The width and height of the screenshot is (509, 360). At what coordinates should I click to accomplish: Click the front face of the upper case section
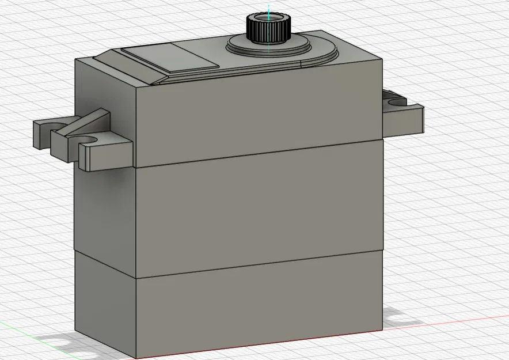pyautogui.click(x=259, y=118)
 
